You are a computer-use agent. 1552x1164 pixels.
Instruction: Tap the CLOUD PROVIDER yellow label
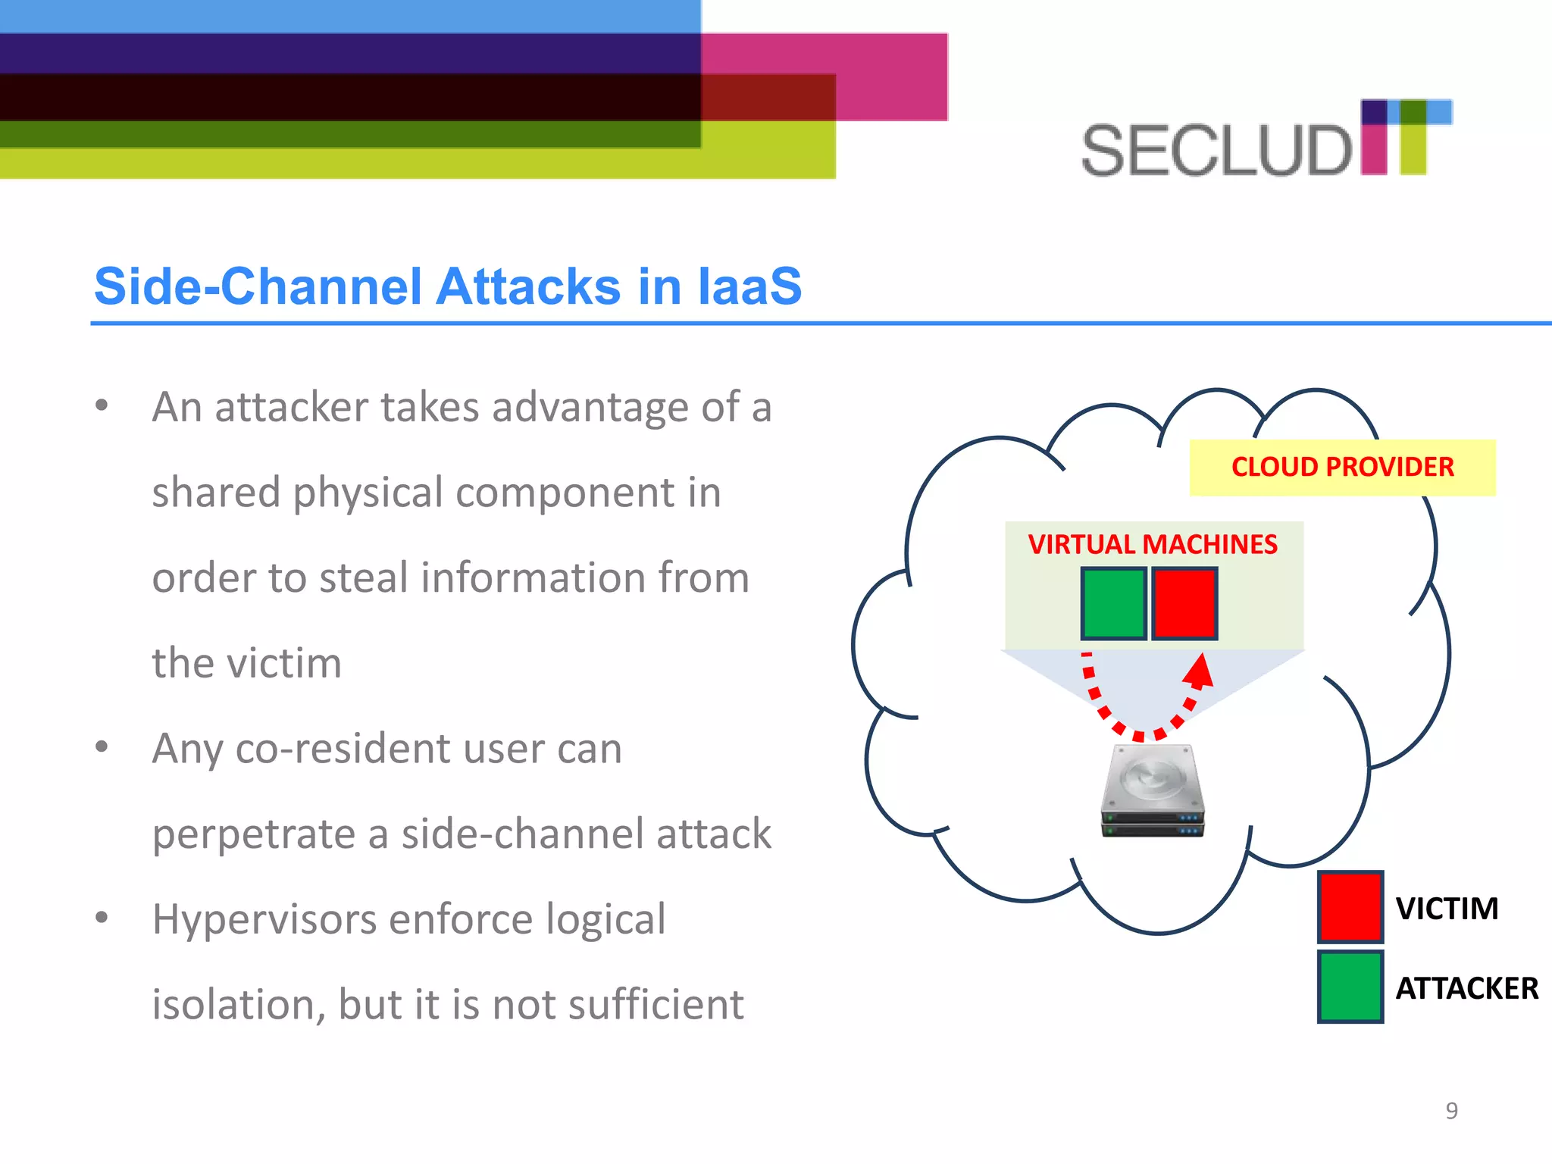click(x=1342, y=467)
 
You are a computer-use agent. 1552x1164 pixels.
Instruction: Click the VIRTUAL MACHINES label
click(x=1152, y=544)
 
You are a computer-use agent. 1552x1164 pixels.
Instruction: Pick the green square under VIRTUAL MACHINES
click(x=1113, y=603)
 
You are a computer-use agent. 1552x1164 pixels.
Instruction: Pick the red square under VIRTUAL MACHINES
click(x=1184, y=603)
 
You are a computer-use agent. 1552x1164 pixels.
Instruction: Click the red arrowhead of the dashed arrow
click(x=1200, y=670)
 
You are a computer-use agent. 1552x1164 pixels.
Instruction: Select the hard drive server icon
click(x=1152, y=790)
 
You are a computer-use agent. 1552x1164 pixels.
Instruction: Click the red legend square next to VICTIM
click(x=1350, y=906)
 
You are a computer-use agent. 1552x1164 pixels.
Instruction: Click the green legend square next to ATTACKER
click(x=1350, y=987)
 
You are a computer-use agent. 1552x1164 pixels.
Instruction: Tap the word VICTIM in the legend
click(x=1447, y=908)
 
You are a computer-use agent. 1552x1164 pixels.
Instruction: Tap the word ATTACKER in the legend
click(x=1466, y=988)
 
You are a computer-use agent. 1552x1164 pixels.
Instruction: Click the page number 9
click(x=1451, y=1110)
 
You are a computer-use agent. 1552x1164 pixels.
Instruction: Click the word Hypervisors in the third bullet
click(x=264, y=920)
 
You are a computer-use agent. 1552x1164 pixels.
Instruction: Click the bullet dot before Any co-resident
click(x=102, y=747)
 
